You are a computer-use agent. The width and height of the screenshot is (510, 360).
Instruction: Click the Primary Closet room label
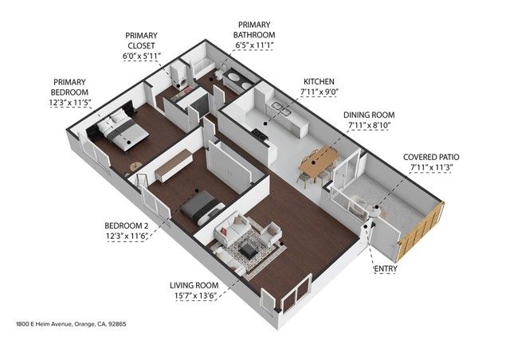point(142,41)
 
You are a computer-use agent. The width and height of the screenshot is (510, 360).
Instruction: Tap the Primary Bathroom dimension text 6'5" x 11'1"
point(254,46)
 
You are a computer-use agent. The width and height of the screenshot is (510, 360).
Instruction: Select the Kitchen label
point(318,81)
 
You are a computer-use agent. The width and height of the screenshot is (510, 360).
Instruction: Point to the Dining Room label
point(369,114)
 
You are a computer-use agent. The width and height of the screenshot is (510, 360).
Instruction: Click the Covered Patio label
point(430,156)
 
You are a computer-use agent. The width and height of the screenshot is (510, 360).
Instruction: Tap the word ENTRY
point(386,269)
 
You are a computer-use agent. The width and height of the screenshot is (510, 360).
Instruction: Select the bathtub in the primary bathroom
point(196,66)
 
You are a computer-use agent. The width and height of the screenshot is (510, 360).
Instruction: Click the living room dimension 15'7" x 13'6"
point(194,295)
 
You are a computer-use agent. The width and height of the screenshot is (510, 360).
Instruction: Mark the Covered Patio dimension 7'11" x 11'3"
point(430,167)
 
